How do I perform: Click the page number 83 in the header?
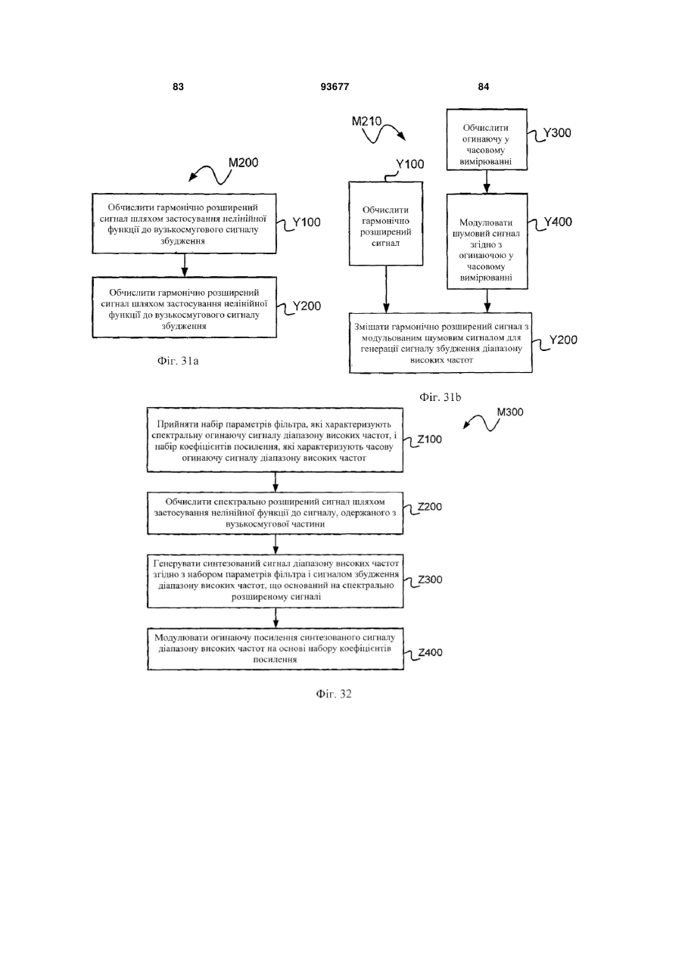[x=178, y=87]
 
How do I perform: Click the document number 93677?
[x=335, y=87]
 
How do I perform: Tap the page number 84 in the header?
[x=484, y=87]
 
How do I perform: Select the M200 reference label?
[x=243, y=163]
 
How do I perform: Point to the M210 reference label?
[x=366, y=121]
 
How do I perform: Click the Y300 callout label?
[x=557, y=133]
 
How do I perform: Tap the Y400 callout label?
[x=558, y=222]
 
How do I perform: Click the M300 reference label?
[x=510, y=412]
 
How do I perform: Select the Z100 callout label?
[x=429, y=440]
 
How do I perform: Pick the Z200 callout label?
[x=430, y=507]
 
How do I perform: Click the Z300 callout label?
[x=430, y=579]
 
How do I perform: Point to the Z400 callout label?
[x=430, y=652]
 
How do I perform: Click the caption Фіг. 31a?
[x=178, y=361]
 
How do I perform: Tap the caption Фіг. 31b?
[x=441, y=397]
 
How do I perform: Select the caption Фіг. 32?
[x=334, y=694]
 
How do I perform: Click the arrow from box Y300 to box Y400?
[x=487, y=182]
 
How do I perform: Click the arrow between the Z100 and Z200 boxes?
[x=276, y=482]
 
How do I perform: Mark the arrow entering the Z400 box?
[x=276, y=618]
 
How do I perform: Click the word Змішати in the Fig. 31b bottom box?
[x=372, y=327]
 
